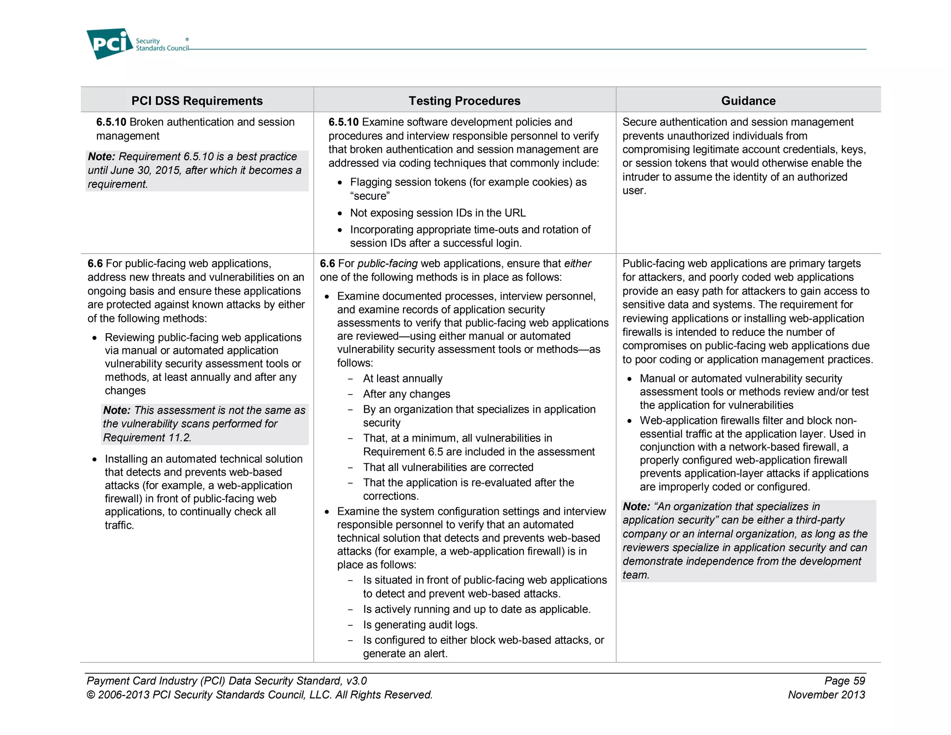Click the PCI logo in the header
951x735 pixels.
pyautogui.click(x=110, y=43)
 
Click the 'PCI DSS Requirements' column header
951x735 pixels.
pyautogui.click(x=197, y=101)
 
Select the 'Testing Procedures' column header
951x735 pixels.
pyautogui.click(x=464, y=101)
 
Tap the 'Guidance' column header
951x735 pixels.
pyautogui.click(x=748, y=101)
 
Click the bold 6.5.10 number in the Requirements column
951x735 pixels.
pyautogui.click(x=111, y=122)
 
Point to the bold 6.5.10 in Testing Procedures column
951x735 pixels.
pyautogui.click(x=343, y=122)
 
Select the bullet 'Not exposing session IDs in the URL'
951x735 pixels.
pyautogui.click(x=437, y=213)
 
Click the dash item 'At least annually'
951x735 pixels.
pyautogui.click(x=403, y=379)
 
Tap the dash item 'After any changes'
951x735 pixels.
pyautogui.click(x=406, y=394)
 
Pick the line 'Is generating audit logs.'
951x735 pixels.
pyautogui.click(x=420, y=625)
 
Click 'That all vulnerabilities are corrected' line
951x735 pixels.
pyautogui.click(x=448, y=467)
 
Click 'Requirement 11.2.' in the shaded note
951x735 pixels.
pyautogui.click(x=147, y=438)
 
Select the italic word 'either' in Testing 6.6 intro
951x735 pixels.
pyautogui.click(x=577, y=263)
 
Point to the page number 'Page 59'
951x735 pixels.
pyautogui.click(x=844, y=681)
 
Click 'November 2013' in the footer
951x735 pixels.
pyautogui.click(x=826, y=695)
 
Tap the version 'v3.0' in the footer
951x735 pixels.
pyautogui.click(x=356, y=681)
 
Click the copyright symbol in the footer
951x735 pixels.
pyautogui.click(x=91, y=695)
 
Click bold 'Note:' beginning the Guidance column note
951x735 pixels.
pyautogui.click(x=636, y=506)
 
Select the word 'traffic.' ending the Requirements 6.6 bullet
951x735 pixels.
pyautogui.click(x=119, y=525)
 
